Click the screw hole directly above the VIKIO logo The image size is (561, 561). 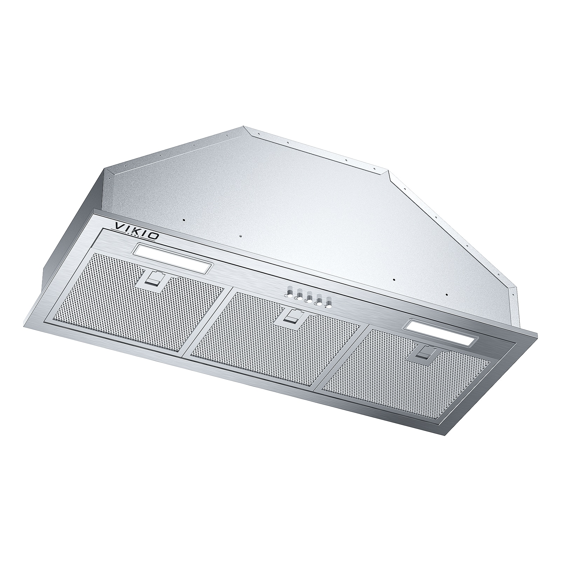[184, 220]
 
